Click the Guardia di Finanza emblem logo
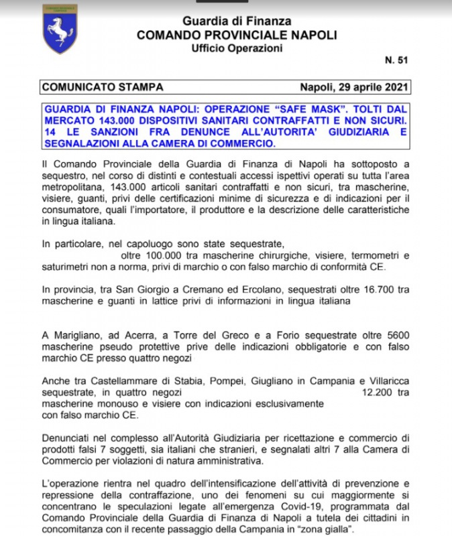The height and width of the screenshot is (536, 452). [x=60, y=29]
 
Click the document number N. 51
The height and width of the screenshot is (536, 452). [x=396, y=61]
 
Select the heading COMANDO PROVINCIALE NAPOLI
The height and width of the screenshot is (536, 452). [x=237, y=35]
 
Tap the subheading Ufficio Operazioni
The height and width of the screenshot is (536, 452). [x=237, y=48]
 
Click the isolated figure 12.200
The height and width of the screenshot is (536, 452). [x=378, y=392]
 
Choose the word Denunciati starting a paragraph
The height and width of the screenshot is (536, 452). [x=64, y=437]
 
